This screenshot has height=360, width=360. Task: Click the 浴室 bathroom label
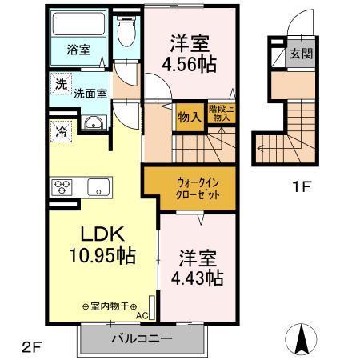(x=78, y=49)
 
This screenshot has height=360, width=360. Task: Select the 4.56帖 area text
(x=190, y=66)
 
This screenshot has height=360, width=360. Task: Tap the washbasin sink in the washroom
(x=93, y=122)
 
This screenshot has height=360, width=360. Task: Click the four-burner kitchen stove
(x=64, y=189)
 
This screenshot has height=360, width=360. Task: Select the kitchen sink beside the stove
(x=99, y=189)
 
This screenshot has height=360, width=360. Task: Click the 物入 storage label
(x=189, y=118)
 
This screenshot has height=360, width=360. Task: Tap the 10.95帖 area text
(x=99, y=257)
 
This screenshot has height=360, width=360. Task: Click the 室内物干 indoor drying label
(x=110, y=306)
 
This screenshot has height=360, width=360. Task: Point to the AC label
(x=142, y=315)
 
